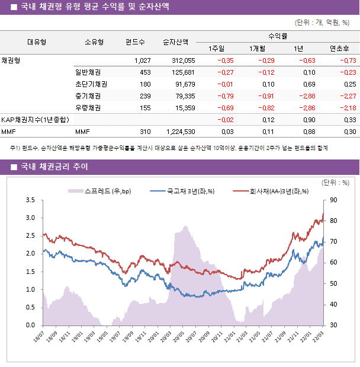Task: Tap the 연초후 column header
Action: click(x=339, y=48)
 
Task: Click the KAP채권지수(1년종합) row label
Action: click(x=35, y=120)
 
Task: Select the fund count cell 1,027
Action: click(x=142, y=60)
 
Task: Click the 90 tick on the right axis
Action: click(x=333, y=200)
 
